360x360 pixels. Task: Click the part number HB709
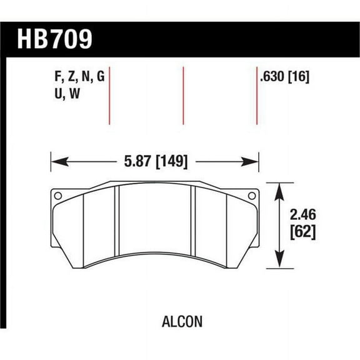pos(54,39)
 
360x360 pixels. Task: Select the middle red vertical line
pos(184,94)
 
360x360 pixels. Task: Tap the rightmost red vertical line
pos(257,94)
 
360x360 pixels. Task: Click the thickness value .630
pos(273,78)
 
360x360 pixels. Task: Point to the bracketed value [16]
pos(301,78)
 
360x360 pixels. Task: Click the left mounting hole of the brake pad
pos(58,196)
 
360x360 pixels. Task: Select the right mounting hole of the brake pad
pos(251,196)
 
